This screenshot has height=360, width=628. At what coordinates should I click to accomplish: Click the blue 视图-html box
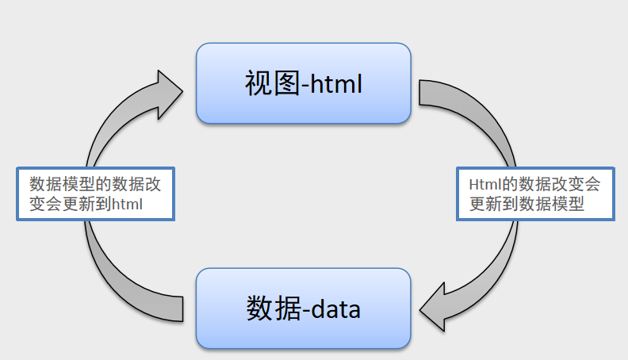[304, 83]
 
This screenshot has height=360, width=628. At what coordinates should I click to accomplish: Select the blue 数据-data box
[304, 308]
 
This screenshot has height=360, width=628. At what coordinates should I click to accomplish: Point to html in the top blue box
[333, 83]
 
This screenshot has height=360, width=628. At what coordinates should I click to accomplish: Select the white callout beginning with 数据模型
[95, 193]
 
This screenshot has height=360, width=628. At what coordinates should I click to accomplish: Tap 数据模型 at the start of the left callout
[56, 184]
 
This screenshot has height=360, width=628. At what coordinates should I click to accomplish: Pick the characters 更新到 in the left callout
[88, 204]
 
